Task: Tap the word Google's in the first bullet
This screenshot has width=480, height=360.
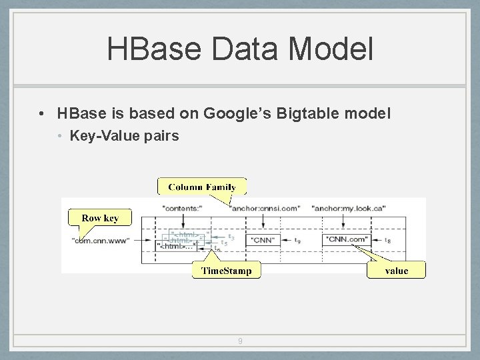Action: tap(235, 114)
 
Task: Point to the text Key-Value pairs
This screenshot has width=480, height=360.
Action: tap(125, 136)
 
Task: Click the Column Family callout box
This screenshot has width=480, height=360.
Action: tap(202, 187)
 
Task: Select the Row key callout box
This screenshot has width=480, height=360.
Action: tap(100, 218)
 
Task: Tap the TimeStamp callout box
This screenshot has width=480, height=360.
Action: tap(227, 270)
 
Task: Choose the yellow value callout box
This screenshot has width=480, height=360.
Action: tap(397, 270)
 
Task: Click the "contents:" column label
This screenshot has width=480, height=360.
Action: tap(183, 208)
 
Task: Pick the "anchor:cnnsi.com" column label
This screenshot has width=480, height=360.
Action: tap(265, 208)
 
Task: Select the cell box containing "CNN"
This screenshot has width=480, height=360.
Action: tap(264, 240)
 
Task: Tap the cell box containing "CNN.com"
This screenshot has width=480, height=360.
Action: tap(346, 239)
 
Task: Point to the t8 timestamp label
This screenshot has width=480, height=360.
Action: tap(387, 240)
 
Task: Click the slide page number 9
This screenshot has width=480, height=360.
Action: tap(240, 342)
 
